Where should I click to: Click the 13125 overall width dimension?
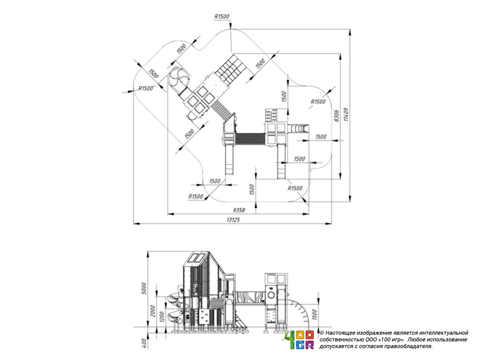tap(233, 220)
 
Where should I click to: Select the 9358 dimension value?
tap(239, 210)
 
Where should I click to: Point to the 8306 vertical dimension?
tap(337, 116)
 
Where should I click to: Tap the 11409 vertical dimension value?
tap(346, 114)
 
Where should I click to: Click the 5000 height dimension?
tap(144, 288)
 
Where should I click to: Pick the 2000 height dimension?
tap(153, 311)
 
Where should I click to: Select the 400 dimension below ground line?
tap(144, 343)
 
